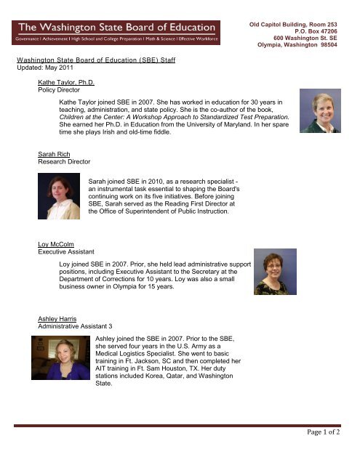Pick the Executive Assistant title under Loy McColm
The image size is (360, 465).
[67, 252]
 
